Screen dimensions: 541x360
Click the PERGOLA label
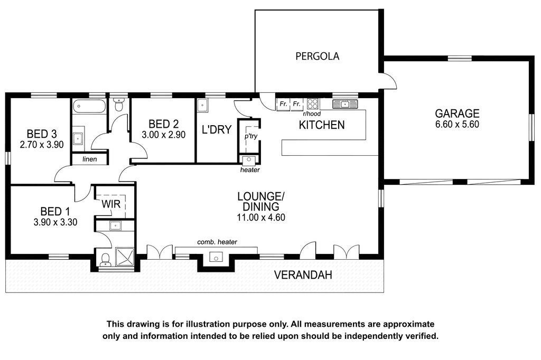317,56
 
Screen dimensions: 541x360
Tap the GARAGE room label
457,113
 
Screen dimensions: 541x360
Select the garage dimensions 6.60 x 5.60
457,125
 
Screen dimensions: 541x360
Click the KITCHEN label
322,125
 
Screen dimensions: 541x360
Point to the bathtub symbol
89,106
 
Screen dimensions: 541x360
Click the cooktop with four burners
313,104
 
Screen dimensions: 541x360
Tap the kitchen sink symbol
345,103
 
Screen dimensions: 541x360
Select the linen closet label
90,159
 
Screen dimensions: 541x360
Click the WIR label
111,204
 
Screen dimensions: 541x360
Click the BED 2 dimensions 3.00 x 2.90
164,135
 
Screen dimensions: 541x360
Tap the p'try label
251,136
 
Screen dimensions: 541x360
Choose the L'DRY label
216,130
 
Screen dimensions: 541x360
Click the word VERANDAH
303,275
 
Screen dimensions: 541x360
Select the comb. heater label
217,242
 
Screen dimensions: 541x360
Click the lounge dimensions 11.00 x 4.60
261,217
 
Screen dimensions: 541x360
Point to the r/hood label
312,114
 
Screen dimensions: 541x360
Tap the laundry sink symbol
202,106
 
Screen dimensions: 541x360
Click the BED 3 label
42,134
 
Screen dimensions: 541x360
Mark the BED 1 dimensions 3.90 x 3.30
55,222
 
